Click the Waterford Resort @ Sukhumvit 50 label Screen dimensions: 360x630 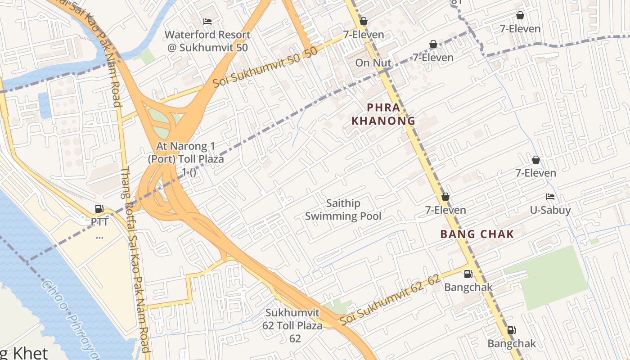[207, 41]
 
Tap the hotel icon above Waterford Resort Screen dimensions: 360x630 [207, 21]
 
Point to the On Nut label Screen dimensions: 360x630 [373, 63]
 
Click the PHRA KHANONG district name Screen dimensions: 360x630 [383, 114]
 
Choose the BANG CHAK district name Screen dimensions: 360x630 [477, 234]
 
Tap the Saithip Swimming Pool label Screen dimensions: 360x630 [343, 210]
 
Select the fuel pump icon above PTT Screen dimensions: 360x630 [99, 208]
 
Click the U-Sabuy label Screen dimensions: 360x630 [550, 210]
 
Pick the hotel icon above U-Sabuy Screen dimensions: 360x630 [550, 197]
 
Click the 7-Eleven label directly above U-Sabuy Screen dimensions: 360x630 [535, 173]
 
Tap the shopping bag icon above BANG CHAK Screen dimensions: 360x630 [445, 197]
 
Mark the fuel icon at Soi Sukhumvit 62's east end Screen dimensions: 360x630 [468, 274]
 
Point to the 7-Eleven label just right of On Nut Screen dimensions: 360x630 [433, 58]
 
